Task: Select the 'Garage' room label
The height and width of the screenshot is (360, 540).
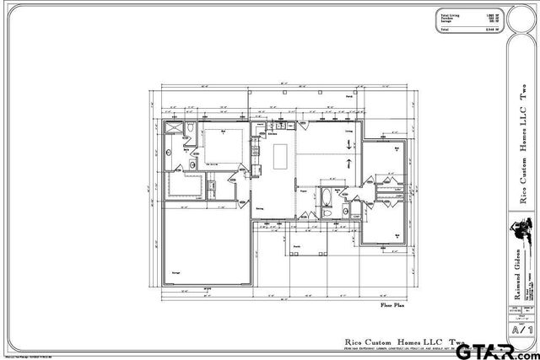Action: [177, 274]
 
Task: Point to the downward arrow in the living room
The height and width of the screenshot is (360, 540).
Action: [348, 146]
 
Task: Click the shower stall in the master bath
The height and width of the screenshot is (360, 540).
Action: [174, 129]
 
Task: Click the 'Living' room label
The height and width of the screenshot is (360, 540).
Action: [348, 132]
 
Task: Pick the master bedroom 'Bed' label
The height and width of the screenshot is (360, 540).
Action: [224, 132]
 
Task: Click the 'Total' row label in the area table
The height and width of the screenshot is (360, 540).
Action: [444, 30]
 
